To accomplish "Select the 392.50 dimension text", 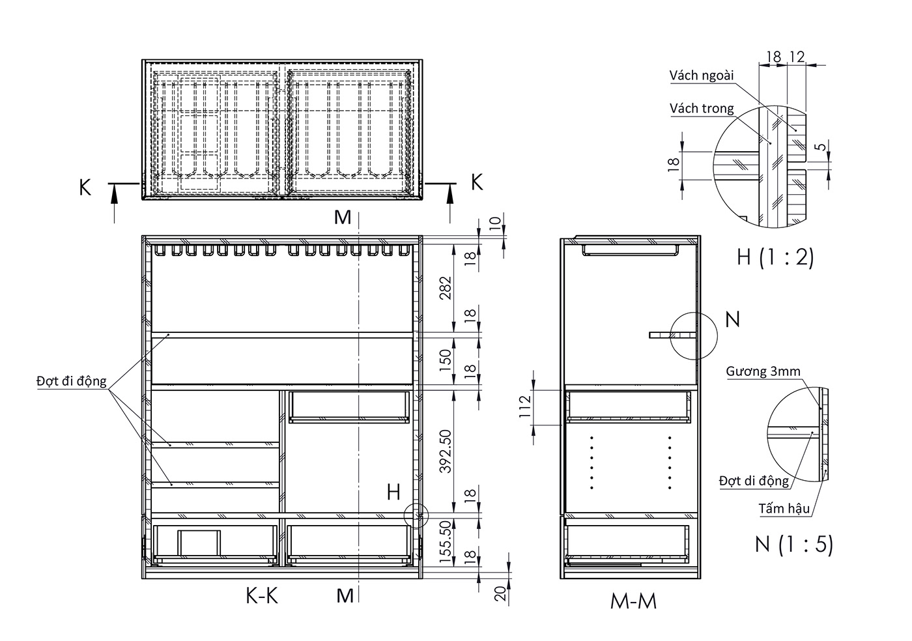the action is point(446,450).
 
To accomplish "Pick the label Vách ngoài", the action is point(702,76).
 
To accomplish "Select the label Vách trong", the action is point(702,109).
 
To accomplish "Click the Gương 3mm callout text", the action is point(763,372).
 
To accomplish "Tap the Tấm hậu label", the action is point(783,509).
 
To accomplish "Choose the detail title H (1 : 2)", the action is point(775,257).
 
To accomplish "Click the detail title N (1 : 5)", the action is point(793,544).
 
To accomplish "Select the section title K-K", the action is point(262,595).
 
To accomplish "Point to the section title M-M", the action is point(633,601).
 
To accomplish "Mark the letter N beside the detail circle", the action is point(733,319).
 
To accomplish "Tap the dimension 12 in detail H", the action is point(796,57).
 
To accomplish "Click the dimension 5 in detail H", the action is point(822,147).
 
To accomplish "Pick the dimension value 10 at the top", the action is point(496,223).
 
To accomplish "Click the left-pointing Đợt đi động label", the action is point(71,381).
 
